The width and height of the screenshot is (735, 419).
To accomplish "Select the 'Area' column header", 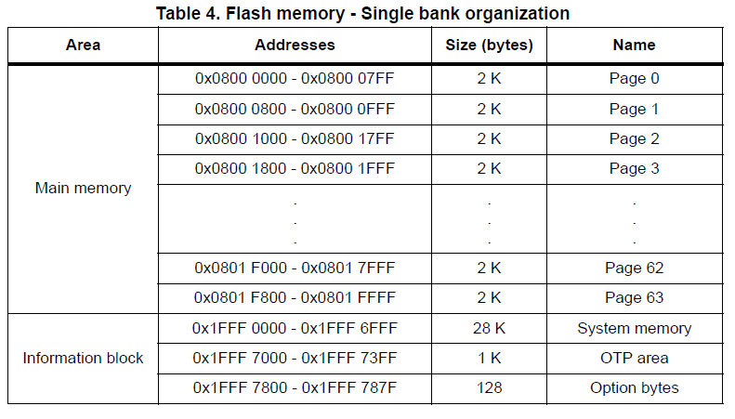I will click(x=83, y=45).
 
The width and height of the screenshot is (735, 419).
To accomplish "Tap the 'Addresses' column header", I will click(x=295, y=45).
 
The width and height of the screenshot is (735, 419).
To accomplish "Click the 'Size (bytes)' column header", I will click(x=489, y=45).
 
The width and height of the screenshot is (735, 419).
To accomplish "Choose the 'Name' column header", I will click(x=634, y=45).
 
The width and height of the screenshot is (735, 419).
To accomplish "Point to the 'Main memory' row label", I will click(x=83, y=188).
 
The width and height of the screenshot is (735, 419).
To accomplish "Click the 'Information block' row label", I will click(x=83, y=358).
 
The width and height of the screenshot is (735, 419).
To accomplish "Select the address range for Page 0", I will click(x=295, y=79).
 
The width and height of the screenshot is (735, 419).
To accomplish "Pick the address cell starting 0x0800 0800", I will click(x=295, y=109).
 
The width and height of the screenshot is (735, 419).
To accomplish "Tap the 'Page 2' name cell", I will click(x=634, y=138).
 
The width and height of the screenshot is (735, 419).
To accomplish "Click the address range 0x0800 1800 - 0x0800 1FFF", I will click(x=295, y=168).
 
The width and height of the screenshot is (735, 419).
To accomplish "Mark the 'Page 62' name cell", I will click(x=634, y=268).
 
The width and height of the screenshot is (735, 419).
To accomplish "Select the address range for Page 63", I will click(x=295, y=298).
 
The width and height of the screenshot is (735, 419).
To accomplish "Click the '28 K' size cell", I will click(x=489, y=328).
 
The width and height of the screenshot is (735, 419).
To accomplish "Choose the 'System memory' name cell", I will click(x=634, y=328).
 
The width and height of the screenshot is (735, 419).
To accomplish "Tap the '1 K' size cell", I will click(x=489, y=358).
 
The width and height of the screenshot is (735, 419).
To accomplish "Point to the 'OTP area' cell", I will click(x=634, y=358).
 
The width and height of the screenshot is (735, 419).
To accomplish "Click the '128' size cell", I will click(x=489, y=387).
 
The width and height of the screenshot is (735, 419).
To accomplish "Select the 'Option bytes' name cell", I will click(x=634, y=387).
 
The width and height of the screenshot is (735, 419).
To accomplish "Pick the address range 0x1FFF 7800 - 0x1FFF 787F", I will click(x=295, y=387).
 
